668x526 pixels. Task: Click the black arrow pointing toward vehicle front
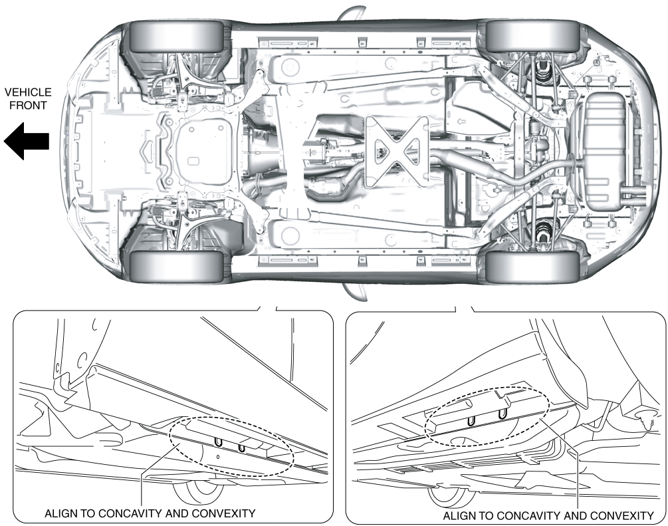[27, 142]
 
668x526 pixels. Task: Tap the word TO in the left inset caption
[83, 513]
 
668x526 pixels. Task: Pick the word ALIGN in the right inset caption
[458, 515]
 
